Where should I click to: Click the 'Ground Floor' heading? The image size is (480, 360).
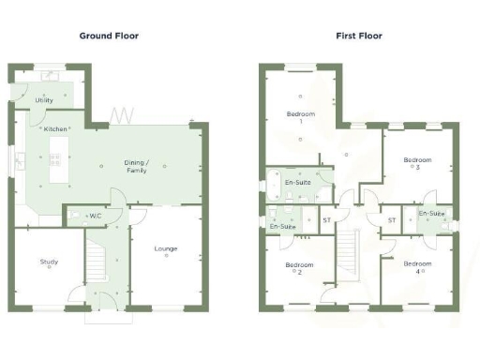pos(110,35)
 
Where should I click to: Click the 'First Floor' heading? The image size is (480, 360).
pos(359,35)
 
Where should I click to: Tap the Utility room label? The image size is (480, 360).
pos(44,99)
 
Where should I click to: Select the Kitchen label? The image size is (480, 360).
pos(55,128)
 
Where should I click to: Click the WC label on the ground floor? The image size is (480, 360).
pos(93,217)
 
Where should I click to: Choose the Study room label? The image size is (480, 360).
pos(49,262)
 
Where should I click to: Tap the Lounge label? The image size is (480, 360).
pos(167,248)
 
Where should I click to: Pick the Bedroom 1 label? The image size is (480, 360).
pos(301,118)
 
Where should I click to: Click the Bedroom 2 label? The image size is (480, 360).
pos(299,269)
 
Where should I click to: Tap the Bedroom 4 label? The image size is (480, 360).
pos(418,267)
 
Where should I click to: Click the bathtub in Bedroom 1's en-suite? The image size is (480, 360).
pos(278,185)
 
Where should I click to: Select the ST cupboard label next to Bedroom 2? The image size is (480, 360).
pos(327,220)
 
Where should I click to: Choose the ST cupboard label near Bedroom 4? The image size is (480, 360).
pos(391,220)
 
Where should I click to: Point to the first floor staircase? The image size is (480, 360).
pos(348,253)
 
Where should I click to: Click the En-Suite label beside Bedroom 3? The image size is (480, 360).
pos(430,215)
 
